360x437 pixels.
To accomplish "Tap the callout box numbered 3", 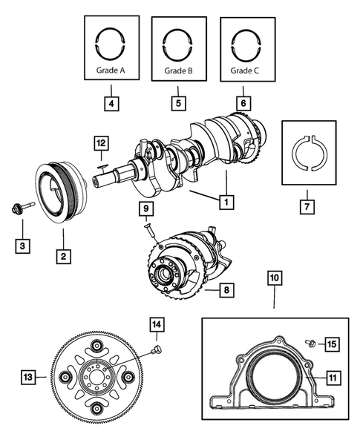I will (23, 245).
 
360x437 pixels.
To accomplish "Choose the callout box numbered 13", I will (28, 378).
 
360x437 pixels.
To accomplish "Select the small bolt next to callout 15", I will (311, 344).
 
